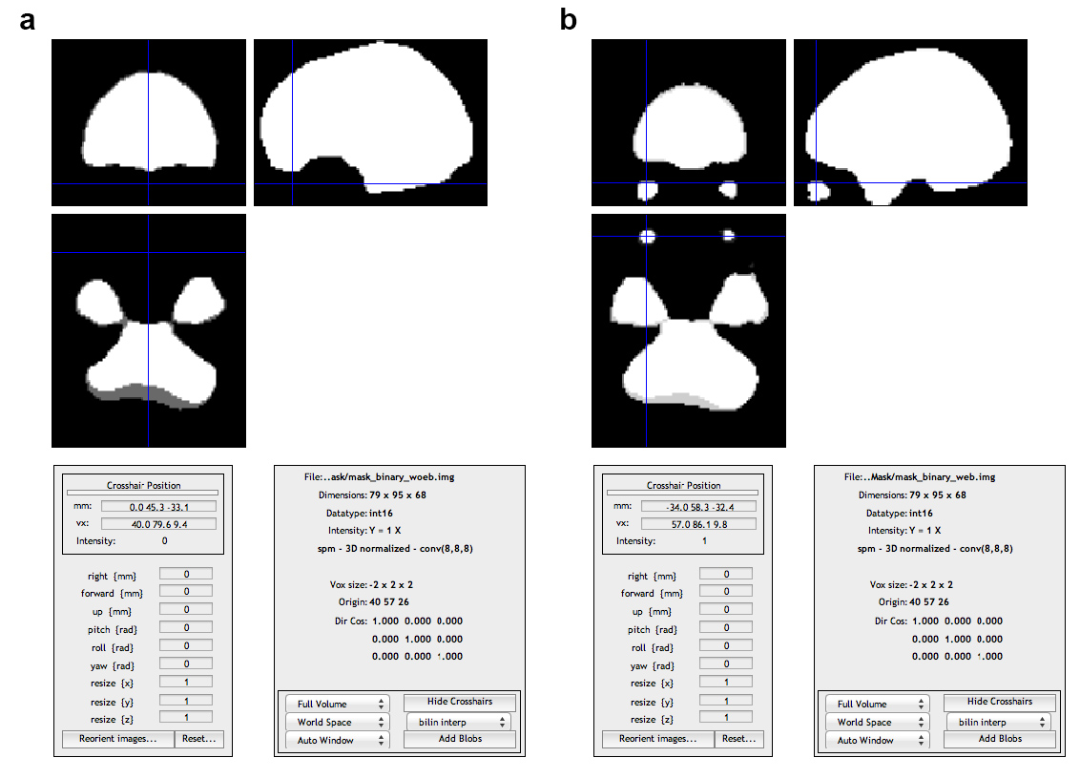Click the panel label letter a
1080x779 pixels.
pos(28,20)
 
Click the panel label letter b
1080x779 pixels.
pos(569,20)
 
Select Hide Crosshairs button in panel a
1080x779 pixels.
pos(460,703)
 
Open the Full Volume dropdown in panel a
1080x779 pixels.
pos(338,705)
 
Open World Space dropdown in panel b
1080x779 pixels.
pos(878,722)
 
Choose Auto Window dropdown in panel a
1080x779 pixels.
pos(338,741)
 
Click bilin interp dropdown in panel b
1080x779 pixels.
pos(998,722)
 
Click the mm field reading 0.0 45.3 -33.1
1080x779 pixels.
pos(158,506)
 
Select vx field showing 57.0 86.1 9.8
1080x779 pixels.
pos(698,524)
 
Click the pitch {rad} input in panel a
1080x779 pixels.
pos(185,627)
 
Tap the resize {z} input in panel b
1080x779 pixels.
pos(725,718)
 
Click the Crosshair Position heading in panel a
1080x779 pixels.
pos(143,485)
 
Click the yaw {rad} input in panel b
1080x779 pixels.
pos(725,664)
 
